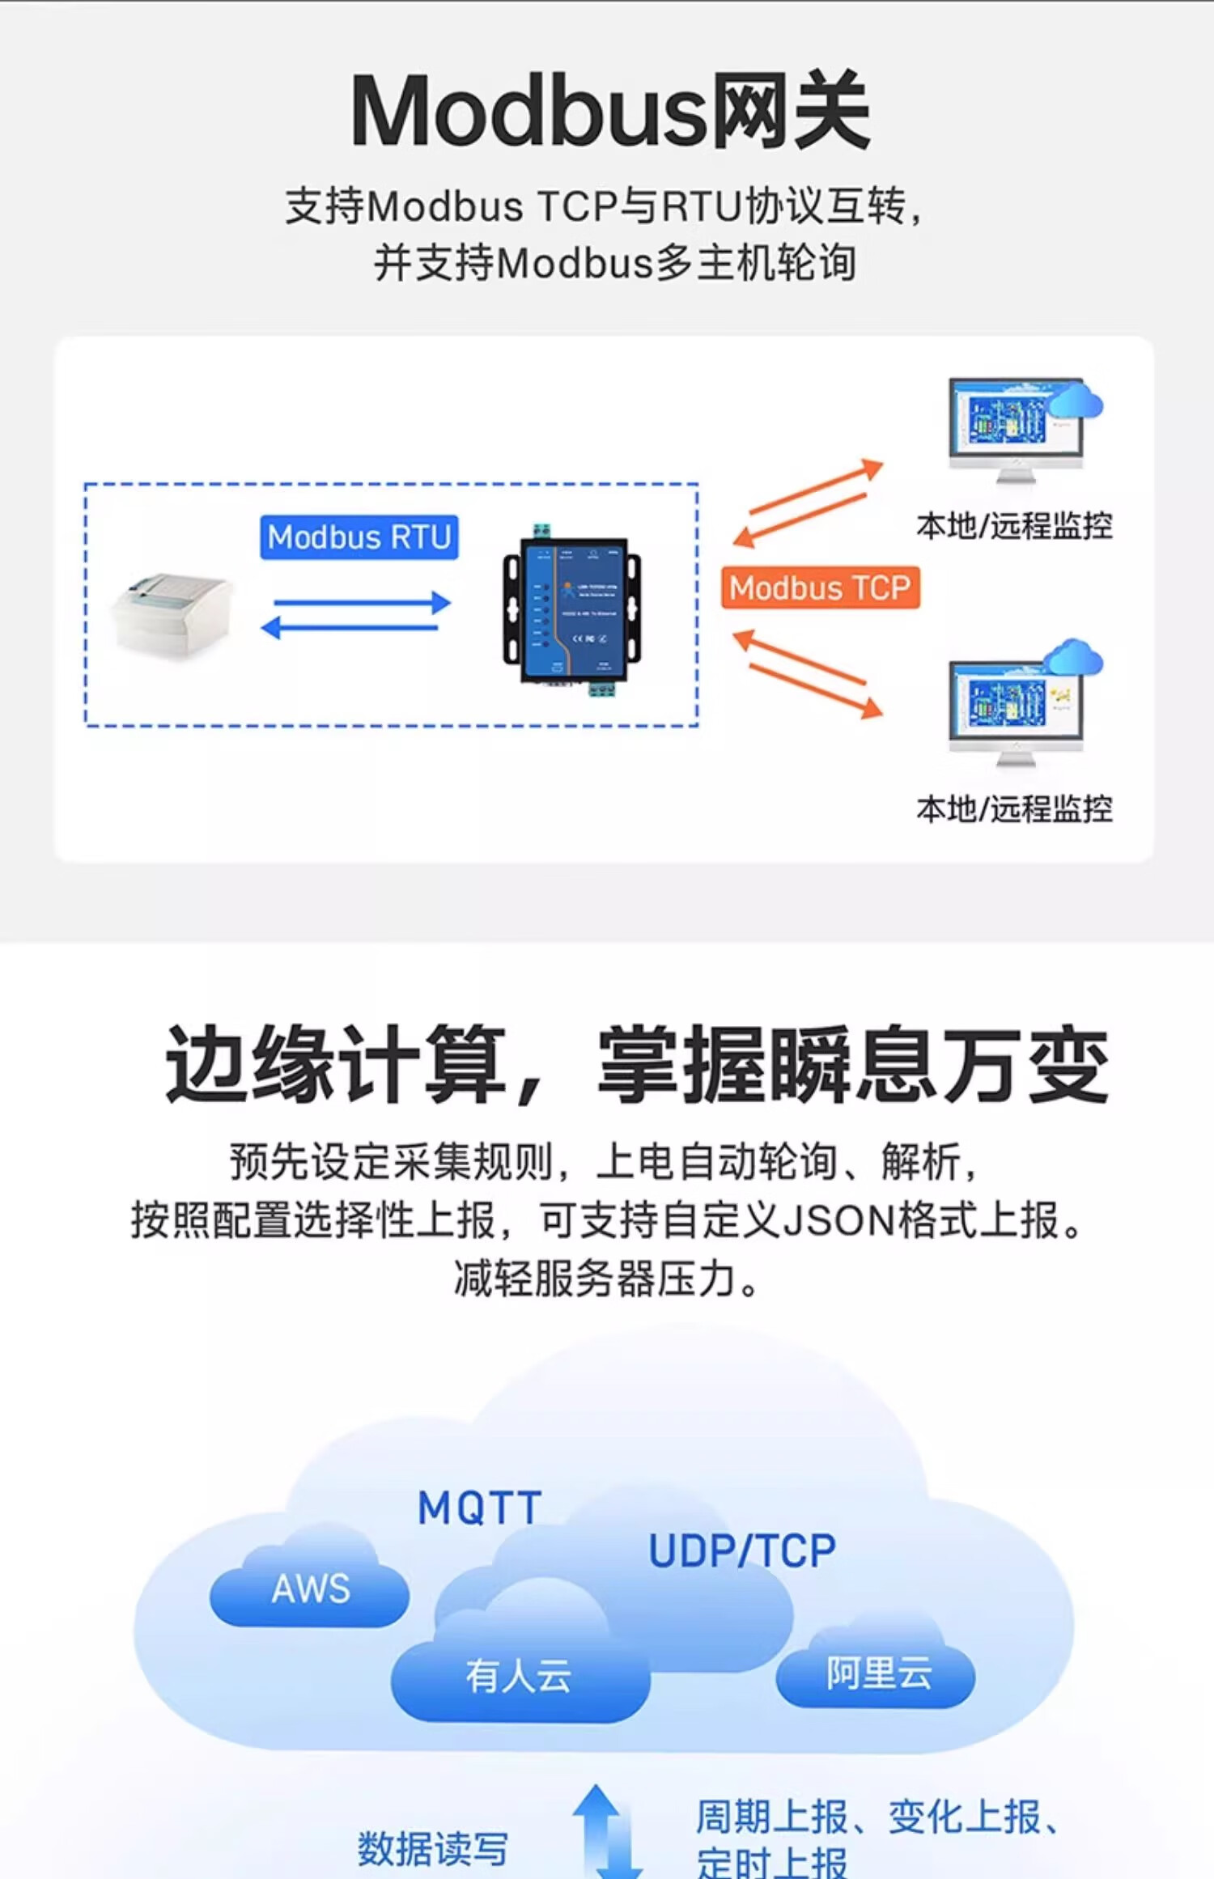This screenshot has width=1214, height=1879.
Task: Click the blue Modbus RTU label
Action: coord(359,537)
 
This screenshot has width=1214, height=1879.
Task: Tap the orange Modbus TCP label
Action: coord(820,587)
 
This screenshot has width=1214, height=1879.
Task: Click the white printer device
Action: coord(172,613)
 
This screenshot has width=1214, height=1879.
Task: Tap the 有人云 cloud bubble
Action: coord(519,1675)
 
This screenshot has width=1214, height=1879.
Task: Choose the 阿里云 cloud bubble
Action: coord(877,1672)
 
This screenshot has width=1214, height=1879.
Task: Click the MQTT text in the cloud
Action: coord(479,1508)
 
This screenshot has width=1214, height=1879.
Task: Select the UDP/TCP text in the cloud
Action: coord(741,1550)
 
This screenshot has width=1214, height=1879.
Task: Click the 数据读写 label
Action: coord(432,1847)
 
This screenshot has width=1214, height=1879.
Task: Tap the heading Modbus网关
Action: coord(609,111)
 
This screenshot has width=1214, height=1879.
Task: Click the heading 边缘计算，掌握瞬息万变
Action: coord(636,1064)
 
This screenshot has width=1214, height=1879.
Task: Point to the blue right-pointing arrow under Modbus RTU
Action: coord(361,602)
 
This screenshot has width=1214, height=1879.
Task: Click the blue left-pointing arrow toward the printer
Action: coord(350,627)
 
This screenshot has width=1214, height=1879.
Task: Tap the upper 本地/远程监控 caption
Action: coord(1014,526)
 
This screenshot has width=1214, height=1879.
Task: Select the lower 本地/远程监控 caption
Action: coord(1014,808)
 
